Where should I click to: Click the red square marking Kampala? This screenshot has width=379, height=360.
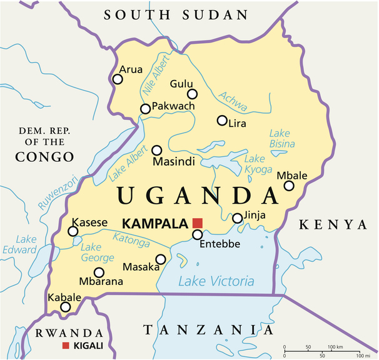pos(198,223)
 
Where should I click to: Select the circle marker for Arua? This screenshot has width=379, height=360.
pos(118,79)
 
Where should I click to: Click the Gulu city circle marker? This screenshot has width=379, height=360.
pos(193,94)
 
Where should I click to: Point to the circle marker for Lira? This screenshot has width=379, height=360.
pos(222,121)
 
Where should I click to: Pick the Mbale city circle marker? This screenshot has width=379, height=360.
pos(289,186)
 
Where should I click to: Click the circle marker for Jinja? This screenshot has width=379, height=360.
pos(238,218)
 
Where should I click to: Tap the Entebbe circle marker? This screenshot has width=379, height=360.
pos(198,235)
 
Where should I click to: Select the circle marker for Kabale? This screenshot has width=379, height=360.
pos(66,307)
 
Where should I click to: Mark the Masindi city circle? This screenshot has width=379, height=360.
pos(157,151)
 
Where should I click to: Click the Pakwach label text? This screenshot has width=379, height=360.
pos(173,106)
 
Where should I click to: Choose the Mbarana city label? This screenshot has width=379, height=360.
pos(99,282)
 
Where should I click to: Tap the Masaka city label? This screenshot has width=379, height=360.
pos(137,267)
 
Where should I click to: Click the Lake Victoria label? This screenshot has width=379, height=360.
pos(216,281)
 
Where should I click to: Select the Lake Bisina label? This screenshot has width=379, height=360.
pos(281,139)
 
